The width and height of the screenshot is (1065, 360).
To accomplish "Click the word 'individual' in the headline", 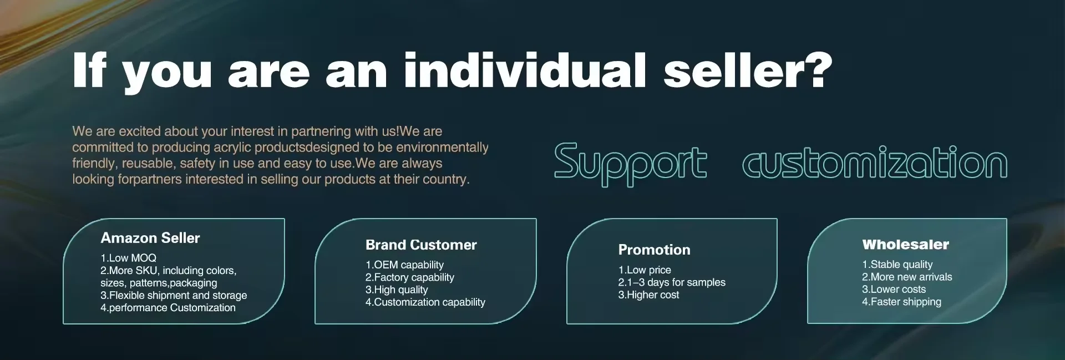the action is pos(525,70).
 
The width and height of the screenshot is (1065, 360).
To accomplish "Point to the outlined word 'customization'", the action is pos(875,162).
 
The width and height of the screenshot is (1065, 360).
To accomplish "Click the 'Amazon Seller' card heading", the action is pos(150,238).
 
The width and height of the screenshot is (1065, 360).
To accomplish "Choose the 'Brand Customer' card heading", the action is pos(421,245).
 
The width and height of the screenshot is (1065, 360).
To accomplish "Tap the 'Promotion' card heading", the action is pos(655,250).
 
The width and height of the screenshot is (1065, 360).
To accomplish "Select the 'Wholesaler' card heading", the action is pos(906,244).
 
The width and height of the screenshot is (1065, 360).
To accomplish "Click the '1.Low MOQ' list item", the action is pos(128,258).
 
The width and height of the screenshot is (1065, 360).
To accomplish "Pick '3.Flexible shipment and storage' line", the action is pos(174,295).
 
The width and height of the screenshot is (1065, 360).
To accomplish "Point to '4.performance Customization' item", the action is pos(168,308).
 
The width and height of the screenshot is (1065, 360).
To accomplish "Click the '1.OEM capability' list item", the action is pos(404,265).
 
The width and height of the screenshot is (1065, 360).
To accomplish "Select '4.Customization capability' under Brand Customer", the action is pos(425,302).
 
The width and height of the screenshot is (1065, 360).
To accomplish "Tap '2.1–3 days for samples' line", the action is pos(672,282).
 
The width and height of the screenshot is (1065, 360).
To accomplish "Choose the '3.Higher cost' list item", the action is pos(648,295).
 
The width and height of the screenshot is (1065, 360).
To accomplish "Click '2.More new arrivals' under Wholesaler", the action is pos(907,277).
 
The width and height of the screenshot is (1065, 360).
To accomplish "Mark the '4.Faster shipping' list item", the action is pos(901,302).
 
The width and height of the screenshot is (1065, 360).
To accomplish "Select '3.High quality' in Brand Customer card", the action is pos(397,290).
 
